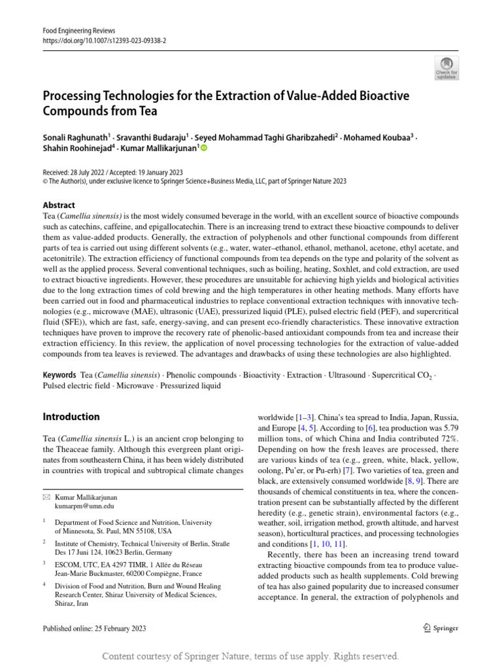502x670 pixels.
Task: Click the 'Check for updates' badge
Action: pyautogui.click(x=447, y=67)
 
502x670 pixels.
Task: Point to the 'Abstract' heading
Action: pyautogui.click(x=59, y=205)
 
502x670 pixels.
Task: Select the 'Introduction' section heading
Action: pyautogui.click(x=71, y=417)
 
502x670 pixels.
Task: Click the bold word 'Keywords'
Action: pyautogui.click(x=59, y=375)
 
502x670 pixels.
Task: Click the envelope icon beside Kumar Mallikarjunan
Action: pyautogui.click(x=45, y=497)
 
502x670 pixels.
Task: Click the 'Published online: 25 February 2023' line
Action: pyautogui.click(x=94, y=628)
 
